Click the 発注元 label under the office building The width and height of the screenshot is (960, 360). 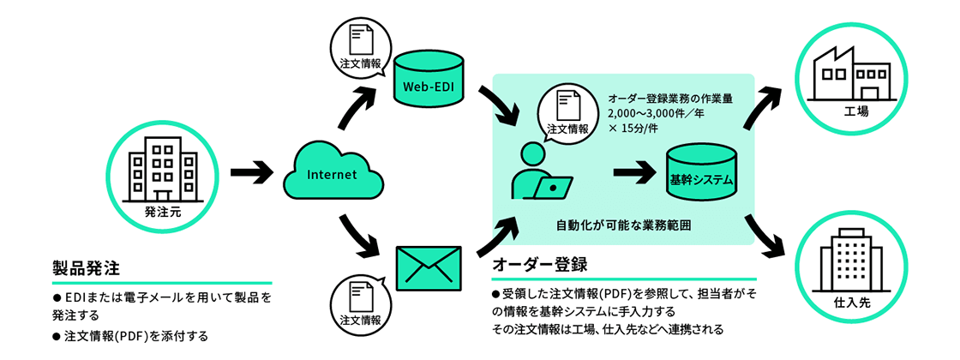[x=162, y=212]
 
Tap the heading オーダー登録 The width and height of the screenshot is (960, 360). [x=539, y=262]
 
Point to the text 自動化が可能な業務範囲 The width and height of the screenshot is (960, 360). [x=623, y=225]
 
